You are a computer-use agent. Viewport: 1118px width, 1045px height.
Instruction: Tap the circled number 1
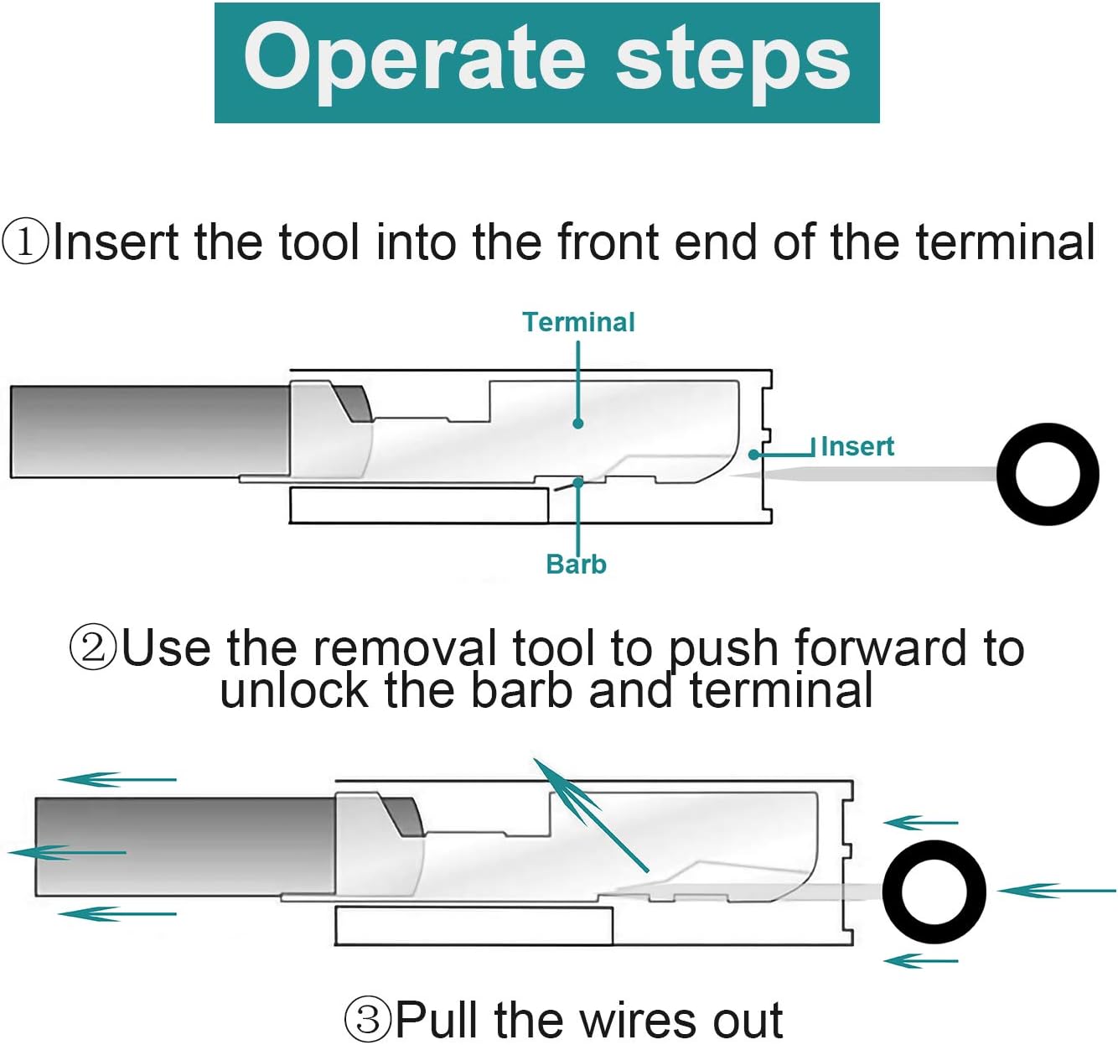25,241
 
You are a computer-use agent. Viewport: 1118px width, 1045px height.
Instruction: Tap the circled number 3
367,1019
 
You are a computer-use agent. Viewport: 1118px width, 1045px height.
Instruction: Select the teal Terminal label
579,322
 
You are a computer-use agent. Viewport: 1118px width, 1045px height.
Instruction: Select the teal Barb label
576,564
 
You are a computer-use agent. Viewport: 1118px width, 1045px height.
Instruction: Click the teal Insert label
857,447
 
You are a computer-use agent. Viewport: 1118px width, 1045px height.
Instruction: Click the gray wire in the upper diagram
150,432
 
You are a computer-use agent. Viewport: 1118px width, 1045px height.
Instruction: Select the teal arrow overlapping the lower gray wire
67,852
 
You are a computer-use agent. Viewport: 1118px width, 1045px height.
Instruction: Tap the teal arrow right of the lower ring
1056,891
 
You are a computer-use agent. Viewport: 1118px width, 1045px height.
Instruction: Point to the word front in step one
608,242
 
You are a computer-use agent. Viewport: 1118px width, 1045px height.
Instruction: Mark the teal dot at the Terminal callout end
577,424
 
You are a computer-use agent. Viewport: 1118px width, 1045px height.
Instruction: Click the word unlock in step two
293,691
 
